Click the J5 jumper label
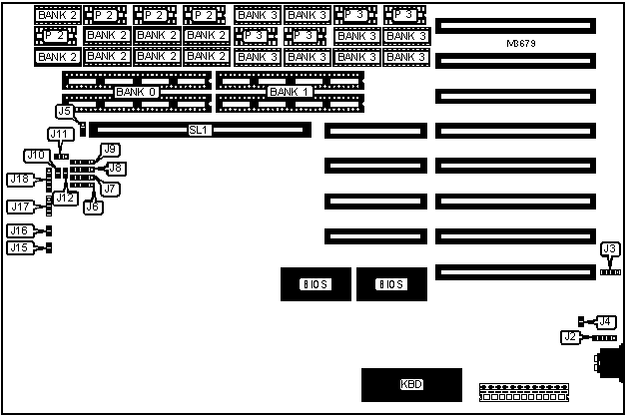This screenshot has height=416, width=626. [x=64, y=112]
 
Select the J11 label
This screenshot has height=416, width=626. [x=59, y=134]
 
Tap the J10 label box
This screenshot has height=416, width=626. [x=37, y=155]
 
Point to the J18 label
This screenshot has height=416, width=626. [x=19, y=180]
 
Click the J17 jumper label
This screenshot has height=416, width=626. [x=19, y=208]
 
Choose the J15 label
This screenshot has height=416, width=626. [x=19, y=247]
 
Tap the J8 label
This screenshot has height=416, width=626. [x=115, y=169]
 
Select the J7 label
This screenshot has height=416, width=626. [x=110, y=188]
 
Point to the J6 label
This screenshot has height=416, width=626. [x=92, y=207]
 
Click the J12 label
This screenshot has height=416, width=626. [x=66, y=198]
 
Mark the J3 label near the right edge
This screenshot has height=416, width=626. [x=609, y=248]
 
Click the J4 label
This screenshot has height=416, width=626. [x=604, y=321]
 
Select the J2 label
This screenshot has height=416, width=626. [x=569, y=337]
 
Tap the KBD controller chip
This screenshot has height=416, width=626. [x=411, y=384]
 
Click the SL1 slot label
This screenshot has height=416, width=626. [x=198, y=130]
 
